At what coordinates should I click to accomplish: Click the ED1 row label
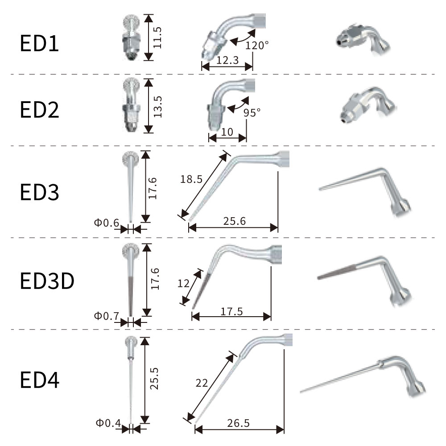pyautogui.click(x=39, y=43)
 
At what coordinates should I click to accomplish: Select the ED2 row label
pyautogui.click(x=39, y=110)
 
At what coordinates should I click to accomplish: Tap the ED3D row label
pyautogui.click(x=47, y=281)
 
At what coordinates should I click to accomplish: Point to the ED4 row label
pyautogui.click(x=40, y=380)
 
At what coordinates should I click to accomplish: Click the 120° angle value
pyautogui.click(x=257, y=45)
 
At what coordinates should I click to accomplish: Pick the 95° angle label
pyautogui.click(x=252, y=113)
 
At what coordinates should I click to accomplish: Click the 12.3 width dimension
pyautogui.click(x=227, y=60)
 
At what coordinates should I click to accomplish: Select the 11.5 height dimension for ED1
pyautogui.click(x=157, y=37)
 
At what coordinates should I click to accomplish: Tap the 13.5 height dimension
pyautogui.click(x=157, y=107)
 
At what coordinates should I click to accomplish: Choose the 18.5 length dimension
pyautogui.click(x=191, y=179)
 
